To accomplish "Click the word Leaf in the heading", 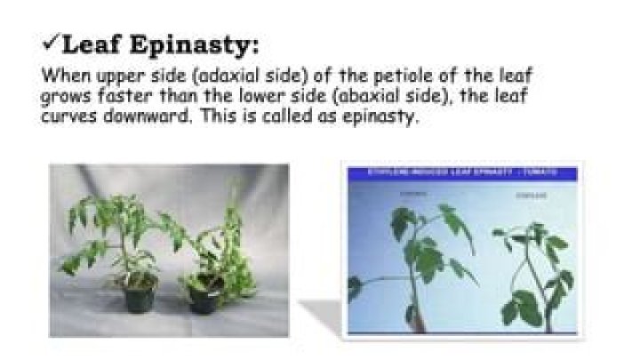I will pos(93,42).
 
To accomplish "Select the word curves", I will pos(67,117).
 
